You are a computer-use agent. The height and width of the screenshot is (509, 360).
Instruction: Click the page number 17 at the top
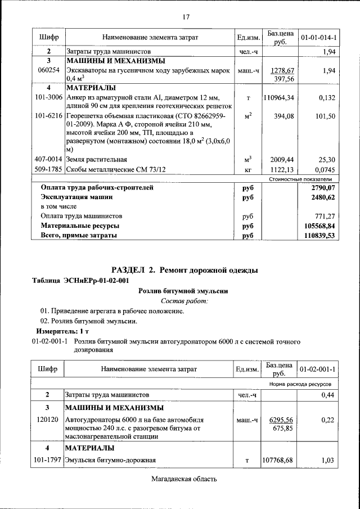pyautogui.click(x=185, y=16)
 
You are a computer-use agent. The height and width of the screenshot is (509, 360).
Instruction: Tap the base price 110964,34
pyautogui.click(x=278, y=98)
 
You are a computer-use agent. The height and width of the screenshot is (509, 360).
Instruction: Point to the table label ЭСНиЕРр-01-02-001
pyautogui.click(x=96, y=280)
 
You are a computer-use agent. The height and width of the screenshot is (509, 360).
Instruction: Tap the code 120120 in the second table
pyautogui.click(x=48, y=420)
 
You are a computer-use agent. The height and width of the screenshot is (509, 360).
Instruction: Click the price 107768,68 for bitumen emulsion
pyautogui.click(x=278, y=461)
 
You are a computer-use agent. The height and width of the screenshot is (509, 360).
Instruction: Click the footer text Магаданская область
pyautogui.click(x=184, y=479)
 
